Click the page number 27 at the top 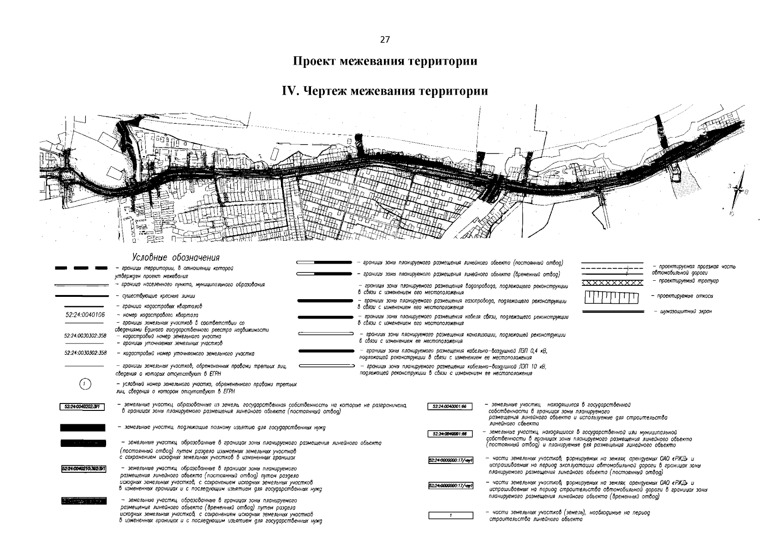coord(385,40)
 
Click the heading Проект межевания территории coord(385,61)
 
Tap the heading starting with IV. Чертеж coord(385,91)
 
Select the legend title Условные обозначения coord(175,257)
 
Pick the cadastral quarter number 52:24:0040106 coord(85,315)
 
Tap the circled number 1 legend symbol coord(85,384)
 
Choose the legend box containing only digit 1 coord(451,515)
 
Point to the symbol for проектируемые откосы coord(612,298)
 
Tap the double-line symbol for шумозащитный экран coord(612,312)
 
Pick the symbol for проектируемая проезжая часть coord(612,270)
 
